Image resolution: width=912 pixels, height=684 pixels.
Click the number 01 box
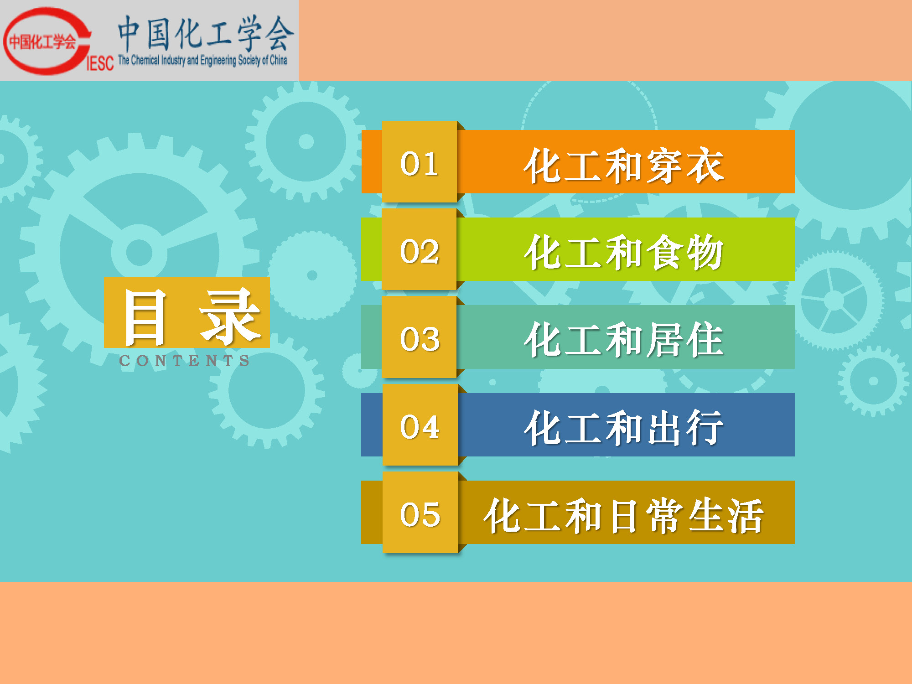[x=420, y=162]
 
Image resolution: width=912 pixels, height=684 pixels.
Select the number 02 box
[x=420, y=249]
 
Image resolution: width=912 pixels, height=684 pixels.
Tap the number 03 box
[x=420, y=337]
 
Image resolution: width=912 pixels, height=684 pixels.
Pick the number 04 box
[x=420, y=425]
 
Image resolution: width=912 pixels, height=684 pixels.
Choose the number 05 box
[x=420, y=512]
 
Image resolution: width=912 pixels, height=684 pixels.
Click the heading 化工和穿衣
[x=624, y=165]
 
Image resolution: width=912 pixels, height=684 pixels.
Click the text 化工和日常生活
[x=624, y=515]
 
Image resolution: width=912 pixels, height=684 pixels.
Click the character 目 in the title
[x=145, y=317]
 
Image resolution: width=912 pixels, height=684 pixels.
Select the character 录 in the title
[x=230, y=316]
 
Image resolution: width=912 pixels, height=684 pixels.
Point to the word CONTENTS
[x=184, y=361]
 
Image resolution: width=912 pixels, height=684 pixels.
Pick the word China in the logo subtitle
[x=278, y=60]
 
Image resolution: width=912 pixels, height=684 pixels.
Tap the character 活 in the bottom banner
[x=746, y=515]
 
